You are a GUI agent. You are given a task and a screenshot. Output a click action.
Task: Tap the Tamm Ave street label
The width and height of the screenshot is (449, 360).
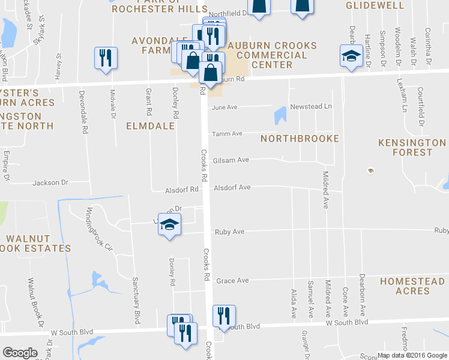pos(227,133)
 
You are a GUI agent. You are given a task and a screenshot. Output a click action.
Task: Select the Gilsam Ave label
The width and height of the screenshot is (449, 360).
pos(231,160)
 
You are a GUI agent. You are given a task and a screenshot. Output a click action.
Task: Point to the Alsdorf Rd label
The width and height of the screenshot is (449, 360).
pos(182,190)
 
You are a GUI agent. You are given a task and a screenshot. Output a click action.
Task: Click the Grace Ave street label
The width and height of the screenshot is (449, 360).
pos(232,280)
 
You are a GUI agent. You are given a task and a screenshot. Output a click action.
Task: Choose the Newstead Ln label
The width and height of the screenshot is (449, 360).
pos(311,106)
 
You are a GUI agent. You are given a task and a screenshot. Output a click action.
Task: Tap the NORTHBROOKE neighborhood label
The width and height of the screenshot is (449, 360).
pos(300,139)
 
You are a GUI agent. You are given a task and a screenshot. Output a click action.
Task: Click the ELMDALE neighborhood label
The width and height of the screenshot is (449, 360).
pos(150,126)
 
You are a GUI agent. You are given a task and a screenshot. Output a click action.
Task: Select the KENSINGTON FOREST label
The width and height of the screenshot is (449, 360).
pos(412,148)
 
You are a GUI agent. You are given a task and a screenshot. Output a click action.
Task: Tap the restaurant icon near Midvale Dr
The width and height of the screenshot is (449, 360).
pos(106,58)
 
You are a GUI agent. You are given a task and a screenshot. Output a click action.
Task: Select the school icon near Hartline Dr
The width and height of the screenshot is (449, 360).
pos(351,56)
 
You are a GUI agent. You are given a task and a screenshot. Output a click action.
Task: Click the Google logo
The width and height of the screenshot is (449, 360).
pos(20,353)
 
